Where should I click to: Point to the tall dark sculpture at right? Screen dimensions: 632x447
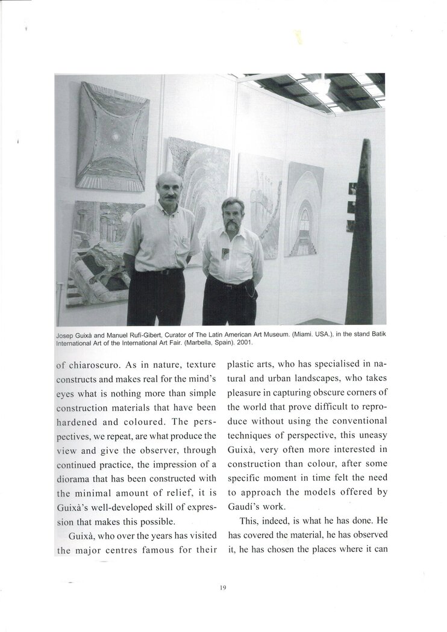pyautogui.click(x=361, y=235)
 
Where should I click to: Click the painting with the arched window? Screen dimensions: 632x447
pyautogui.click(x=304, y=209)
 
